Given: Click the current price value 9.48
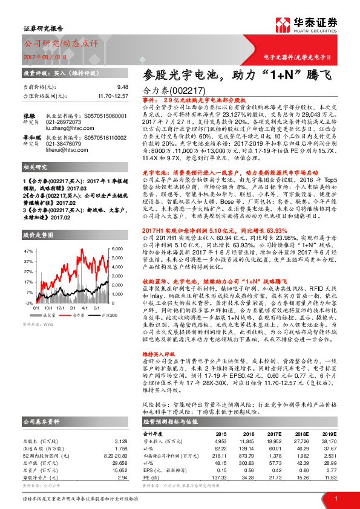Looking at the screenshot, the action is point(123,87).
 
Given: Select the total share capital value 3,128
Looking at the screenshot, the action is point(122,424).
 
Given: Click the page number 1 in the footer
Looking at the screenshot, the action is point(335,498).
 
